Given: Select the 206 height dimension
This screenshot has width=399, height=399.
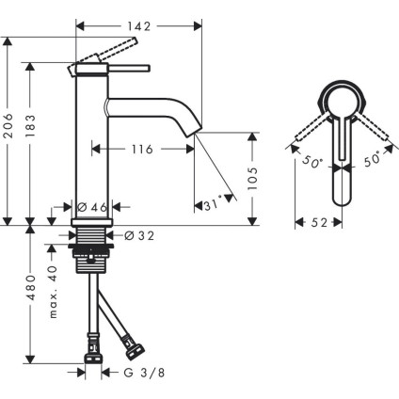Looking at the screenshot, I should click(x=8, y=134).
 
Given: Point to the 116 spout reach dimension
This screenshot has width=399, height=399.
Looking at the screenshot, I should click(x=143, y=149).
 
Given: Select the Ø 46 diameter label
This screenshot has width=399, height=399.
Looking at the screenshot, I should click(x=91, y=207).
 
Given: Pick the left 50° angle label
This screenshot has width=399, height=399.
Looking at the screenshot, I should click(x=311, y=162).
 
